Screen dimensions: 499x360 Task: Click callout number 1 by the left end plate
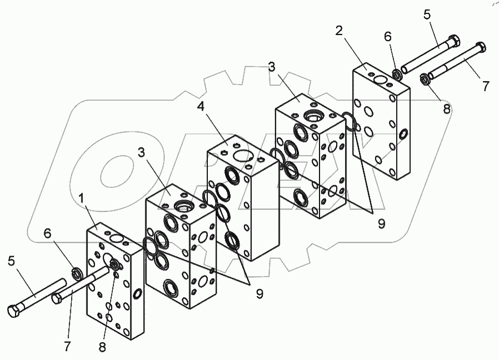pyautogui.click(x=82, y=199)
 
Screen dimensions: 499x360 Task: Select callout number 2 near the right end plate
pyautogui.click(x=339, y=31)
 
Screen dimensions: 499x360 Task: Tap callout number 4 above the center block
pyautogui.click(x=201, y=107)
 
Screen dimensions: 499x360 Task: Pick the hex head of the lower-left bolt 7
pyautogui.click(x=57, y=299)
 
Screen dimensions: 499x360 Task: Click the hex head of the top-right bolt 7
pyautogui.click(x=480, y=47)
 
